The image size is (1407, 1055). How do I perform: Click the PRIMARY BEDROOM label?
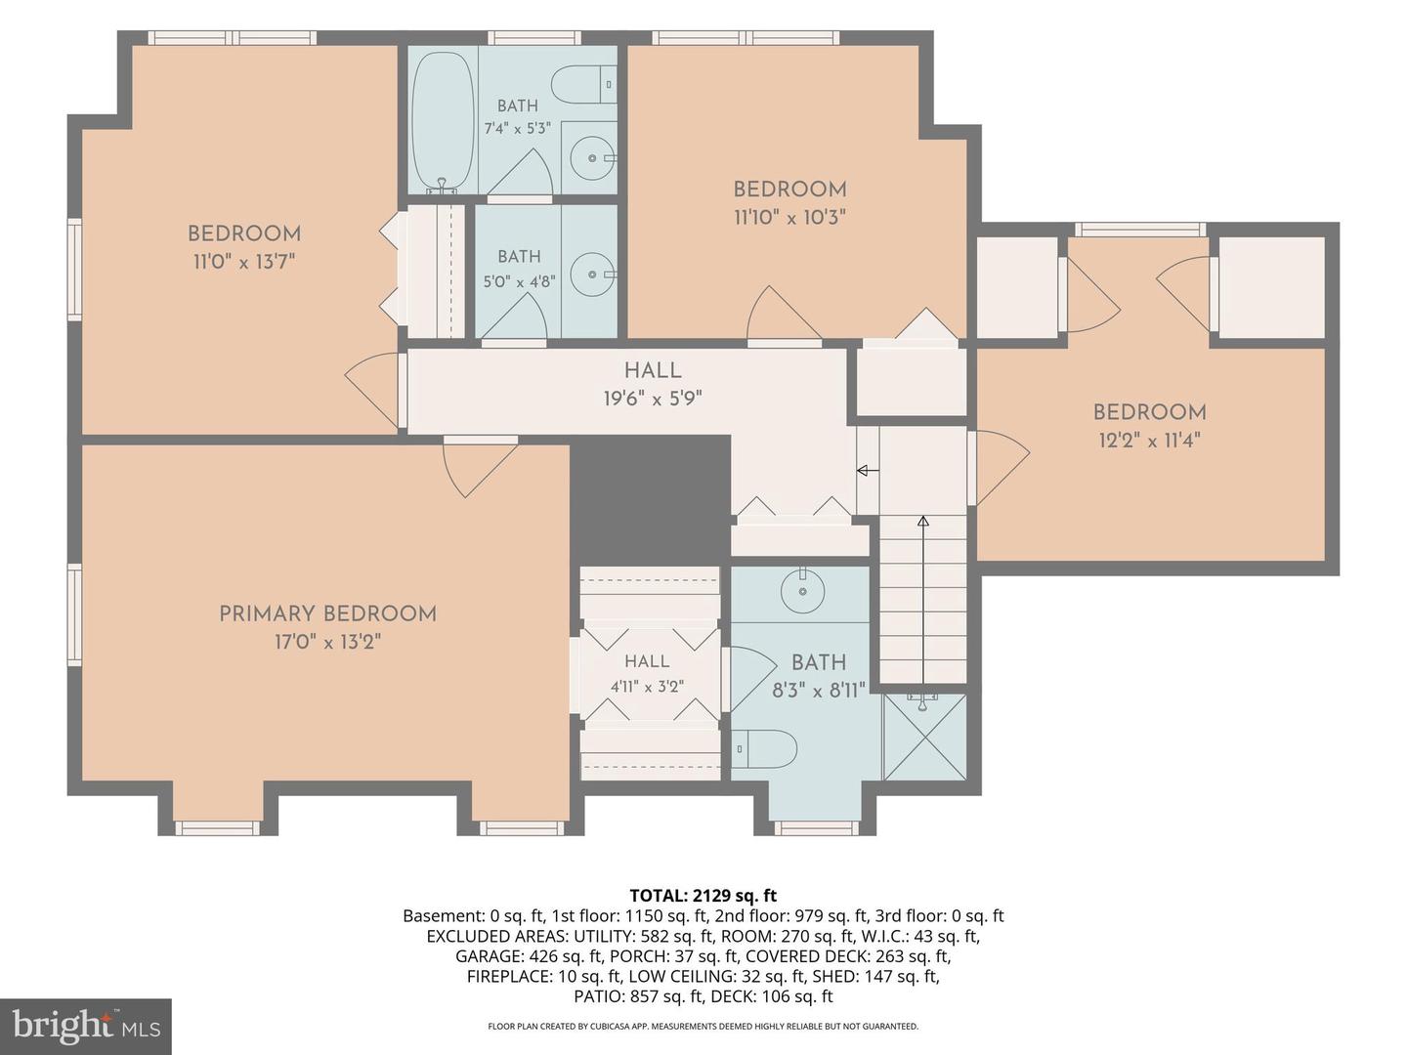327,613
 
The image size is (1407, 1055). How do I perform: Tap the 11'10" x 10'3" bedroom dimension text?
789,218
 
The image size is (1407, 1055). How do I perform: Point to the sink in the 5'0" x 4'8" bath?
593,274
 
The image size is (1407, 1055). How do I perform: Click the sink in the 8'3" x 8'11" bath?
802,590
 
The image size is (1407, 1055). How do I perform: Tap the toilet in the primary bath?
764,748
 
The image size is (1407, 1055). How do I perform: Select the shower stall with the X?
924,738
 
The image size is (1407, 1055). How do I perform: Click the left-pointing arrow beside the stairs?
868,471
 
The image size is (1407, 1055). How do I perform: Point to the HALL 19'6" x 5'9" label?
653,384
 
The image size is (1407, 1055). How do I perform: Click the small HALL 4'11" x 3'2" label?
648,673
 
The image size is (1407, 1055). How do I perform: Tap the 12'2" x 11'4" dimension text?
1150,441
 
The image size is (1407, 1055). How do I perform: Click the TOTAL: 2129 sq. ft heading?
703,895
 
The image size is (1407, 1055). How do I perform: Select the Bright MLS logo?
86,1026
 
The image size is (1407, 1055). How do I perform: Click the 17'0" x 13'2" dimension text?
328,642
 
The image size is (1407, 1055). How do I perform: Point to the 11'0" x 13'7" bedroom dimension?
244,262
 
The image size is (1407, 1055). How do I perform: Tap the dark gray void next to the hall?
650,499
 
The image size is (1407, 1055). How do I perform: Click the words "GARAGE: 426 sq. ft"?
529,956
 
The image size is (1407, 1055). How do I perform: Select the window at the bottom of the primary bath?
816,828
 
